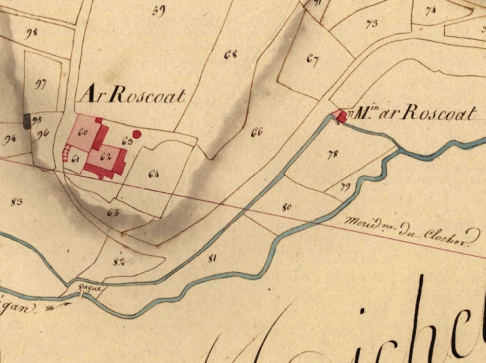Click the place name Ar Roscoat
[x=133, y=94]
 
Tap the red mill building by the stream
[x=341, y=116]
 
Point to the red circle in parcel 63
[x=137, y=133]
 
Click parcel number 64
[x=155, y=173]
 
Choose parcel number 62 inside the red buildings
[x=106, y=155]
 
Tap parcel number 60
[x=83, y=132]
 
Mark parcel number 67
[x=312, y=59]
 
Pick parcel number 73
[x=371, y=23]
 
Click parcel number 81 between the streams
[x=211, y=258]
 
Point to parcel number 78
[x=333, y=154]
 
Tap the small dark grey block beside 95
[x=28, y=121]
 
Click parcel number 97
[x=40, y=84]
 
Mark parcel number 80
[x=287, y=208]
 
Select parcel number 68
[x=230, y=55]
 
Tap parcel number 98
[x=31, y=33]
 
